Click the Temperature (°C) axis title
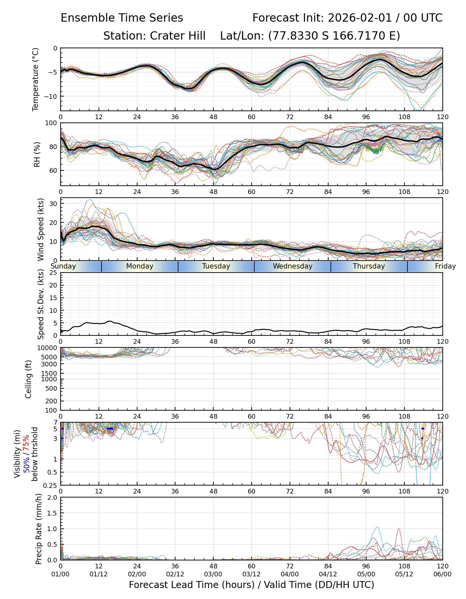36,79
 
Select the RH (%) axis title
37,154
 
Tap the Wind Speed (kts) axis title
41,229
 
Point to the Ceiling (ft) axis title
29,379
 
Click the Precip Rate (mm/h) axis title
39,529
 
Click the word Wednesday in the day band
293,266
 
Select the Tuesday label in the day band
216,266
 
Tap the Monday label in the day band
140,266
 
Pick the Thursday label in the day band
369,266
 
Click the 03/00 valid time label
213,574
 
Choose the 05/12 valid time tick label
404,574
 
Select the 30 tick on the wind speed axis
53,204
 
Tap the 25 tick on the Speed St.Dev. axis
53,273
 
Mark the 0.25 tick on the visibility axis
50,485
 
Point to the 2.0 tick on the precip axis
52,498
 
